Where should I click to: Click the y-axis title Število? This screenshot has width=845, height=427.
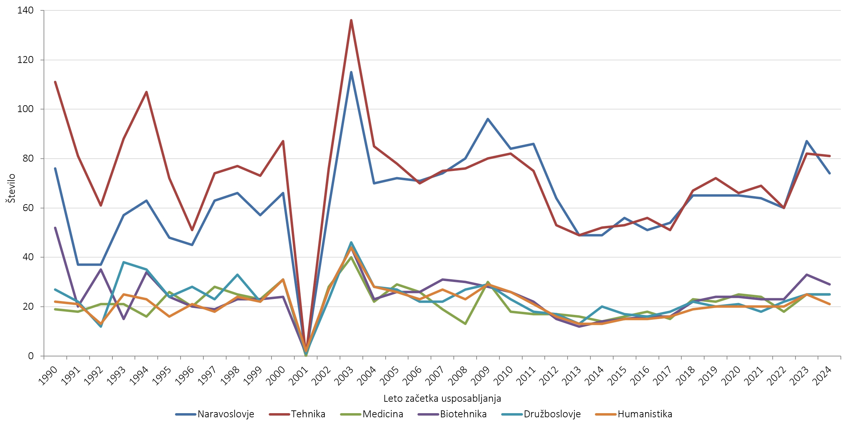(12, 188)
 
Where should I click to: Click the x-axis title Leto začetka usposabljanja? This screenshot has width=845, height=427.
(442, 399)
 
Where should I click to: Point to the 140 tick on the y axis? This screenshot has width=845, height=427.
(25, 10)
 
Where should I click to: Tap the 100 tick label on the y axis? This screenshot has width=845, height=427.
(25, 109)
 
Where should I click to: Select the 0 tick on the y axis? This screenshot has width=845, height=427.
(31, 356)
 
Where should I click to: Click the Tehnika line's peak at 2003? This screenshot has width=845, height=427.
(351, 20)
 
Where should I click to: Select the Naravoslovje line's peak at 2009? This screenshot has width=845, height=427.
(488, 119)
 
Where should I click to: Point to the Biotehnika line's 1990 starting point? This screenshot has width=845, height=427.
(55, 228)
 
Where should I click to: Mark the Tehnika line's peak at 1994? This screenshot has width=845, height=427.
(146, 92)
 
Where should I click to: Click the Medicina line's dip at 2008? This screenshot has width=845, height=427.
(465, 324)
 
